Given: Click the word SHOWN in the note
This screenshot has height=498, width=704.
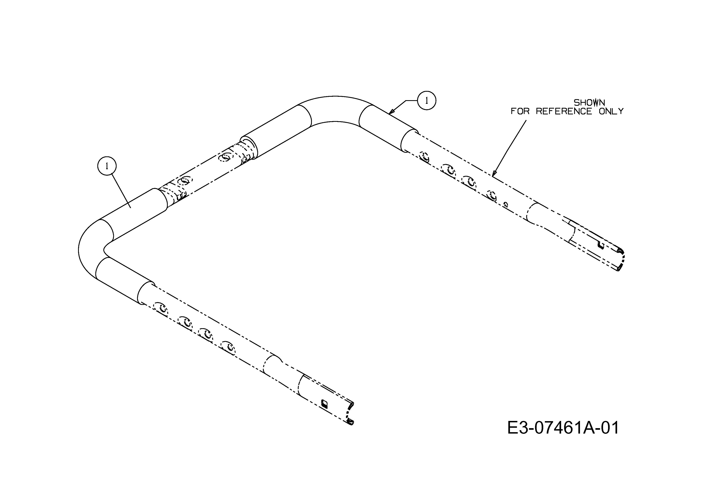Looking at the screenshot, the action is coord(589,102).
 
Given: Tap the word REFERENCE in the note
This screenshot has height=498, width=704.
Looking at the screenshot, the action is coord(564,111).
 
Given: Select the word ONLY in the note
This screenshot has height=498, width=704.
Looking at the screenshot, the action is coord(611,111).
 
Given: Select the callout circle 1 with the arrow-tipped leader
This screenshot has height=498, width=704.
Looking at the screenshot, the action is coord(426,100).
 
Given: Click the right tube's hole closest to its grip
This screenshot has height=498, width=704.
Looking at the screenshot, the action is coord(425,157).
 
